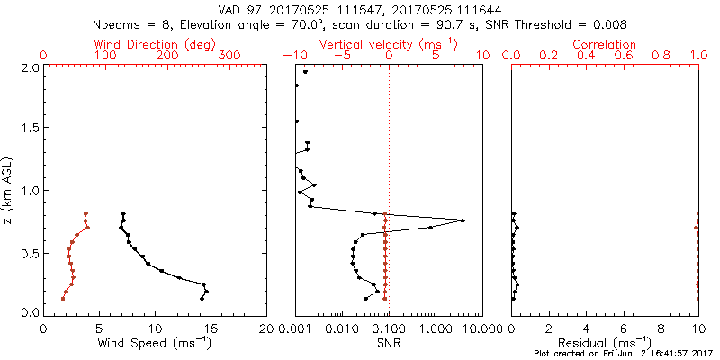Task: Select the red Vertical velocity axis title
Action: click(388, 44)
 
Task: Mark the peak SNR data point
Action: click(463, 220)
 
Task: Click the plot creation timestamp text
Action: click(624, 355)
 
